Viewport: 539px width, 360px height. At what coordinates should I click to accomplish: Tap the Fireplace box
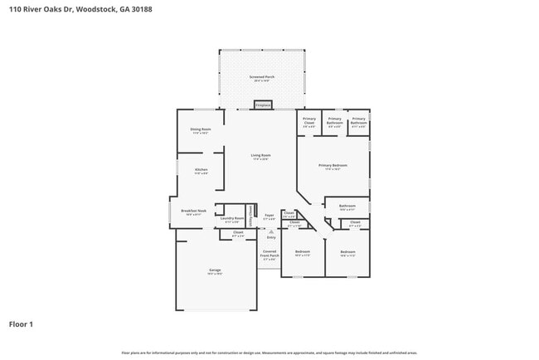pyautogui.click(x=262, y=105)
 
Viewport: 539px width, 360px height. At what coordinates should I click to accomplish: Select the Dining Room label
pyautogui.click(x=201, y=131)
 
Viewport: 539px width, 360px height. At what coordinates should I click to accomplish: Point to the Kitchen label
pyautogui.click(x=201, y=171)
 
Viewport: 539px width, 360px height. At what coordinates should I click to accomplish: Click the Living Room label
pyautogui.click(x=261, y=157)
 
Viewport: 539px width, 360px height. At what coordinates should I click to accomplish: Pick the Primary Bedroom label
pyautogui.click(x=333, y=167)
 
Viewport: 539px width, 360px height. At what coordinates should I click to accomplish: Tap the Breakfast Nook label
pyautogui.click(x=193, y=212)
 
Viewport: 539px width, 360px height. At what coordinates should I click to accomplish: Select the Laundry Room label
pyautogui.click(x=231, y=220)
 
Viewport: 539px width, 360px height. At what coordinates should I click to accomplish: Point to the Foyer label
pyautogui.click(x=269, y=216)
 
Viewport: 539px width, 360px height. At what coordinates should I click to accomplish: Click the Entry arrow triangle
pyautogui.click(x=270, y=231)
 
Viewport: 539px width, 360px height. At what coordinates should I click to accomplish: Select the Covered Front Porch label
pyautogui.click(x=269, y=254)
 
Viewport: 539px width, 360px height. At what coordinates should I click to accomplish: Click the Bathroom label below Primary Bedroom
pyautogui.click(x=347, y=207)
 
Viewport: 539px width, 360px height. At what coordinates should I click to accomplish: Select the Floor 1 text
pyautogui.click(x=21, y=324)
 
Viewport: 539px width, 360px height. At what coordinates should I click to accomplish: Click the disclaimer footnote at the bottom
pyautogui.click(x=269, y=353)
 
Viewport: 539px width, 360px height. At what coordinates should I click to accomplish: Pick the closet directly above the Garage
pyautogui.click(x=238, y=235)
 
